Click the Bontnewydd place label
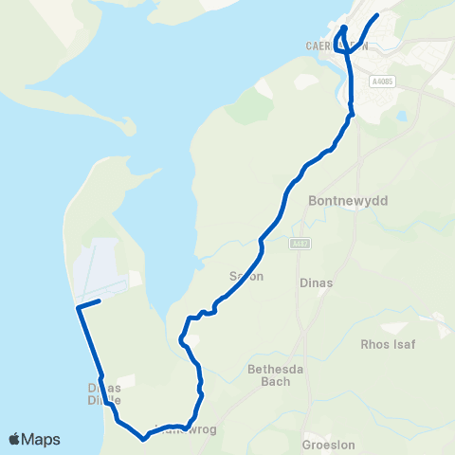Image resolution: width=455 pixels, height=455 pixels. coord(342,201)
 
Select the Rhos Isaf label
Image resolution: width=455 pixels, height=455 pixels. coord(389,345)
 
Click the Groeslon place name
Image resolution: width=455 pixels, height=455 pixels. coord(327,443)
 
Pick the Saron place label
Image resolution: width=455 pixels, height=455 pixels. coord(246,276)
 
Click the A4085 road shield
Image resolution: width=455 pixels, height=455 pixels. coord(382,82)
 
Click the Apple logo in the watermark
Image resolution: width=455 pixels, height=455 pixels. coord(15,439)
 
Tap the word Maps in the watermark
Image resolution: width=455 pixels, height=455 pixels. coord(41,439)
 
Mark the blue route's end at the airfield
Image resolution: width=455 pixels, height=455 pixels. coord(99,301)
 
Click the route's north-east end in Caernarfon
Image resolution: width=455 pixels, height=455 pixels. coord(377,15)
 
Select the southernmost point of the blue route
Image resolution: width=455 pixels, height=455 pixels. coord(143,439)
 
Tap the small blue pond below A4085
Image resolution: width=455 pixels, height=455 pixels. coord(403,117)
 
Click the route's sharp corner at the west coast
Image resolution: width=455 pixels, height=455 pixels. coord(77,307)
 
